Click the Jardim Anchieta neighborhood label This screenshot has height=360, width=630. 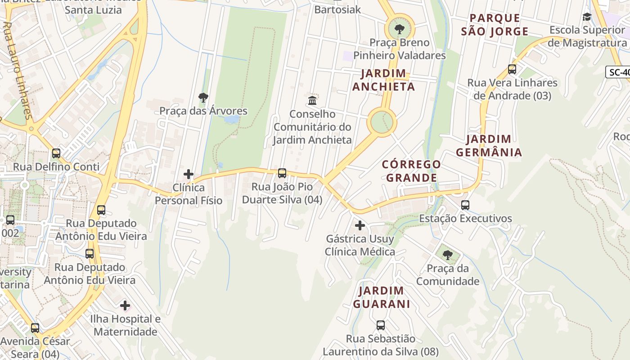coord(383,80)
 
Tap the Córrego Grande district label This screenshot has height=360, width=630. coord(411,171)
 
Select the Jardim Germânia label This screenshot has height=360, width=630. coord(489,146)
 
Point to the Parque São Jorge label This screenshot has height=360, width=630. coord(495,25)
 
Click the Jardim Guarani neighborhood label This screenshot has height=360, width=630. coord(381,297)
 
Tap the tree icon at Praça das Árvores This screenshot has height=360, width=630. coord(203,97)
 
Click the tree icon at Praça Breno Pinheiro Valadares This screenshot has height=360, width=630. coord(399,30)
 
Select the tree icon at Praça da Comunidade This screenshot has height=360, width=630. coord(447,255)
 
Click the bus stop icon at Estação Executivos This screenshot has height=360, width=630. coord(465,205)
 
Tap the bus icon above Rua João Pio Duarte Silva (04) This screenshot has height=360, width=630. coord(282,173)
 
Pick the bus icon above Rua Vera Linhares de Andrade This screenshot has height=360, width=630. coord(512,69)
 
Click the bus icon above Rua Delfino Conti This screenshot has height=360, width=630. coord(56,153)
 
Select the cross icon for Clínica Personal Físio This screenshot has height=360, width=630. coord(189,174)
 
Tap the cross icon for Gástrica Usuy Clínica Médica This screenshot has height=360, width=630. coord(360,225)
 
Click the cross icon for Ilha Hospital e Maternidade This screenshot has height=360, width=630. coord(125,306)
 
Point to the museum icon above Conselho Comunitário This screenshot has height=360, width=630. coord(312,100)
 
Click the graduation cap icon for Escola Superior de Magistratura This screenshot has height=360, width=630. coord(587,17)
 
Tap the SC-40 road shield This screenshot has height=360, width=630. coord(619,72)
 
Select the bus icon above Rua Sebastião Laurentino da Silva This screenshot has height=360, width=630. coord(381,325)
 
